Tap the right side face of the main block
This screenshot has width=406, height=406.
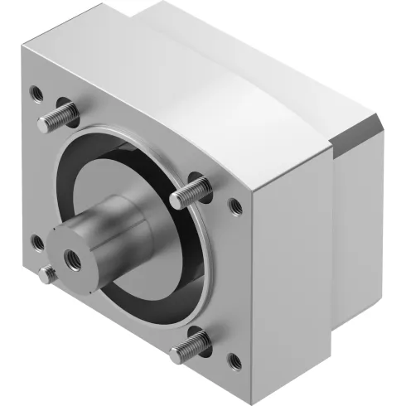tap(290, 265)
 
